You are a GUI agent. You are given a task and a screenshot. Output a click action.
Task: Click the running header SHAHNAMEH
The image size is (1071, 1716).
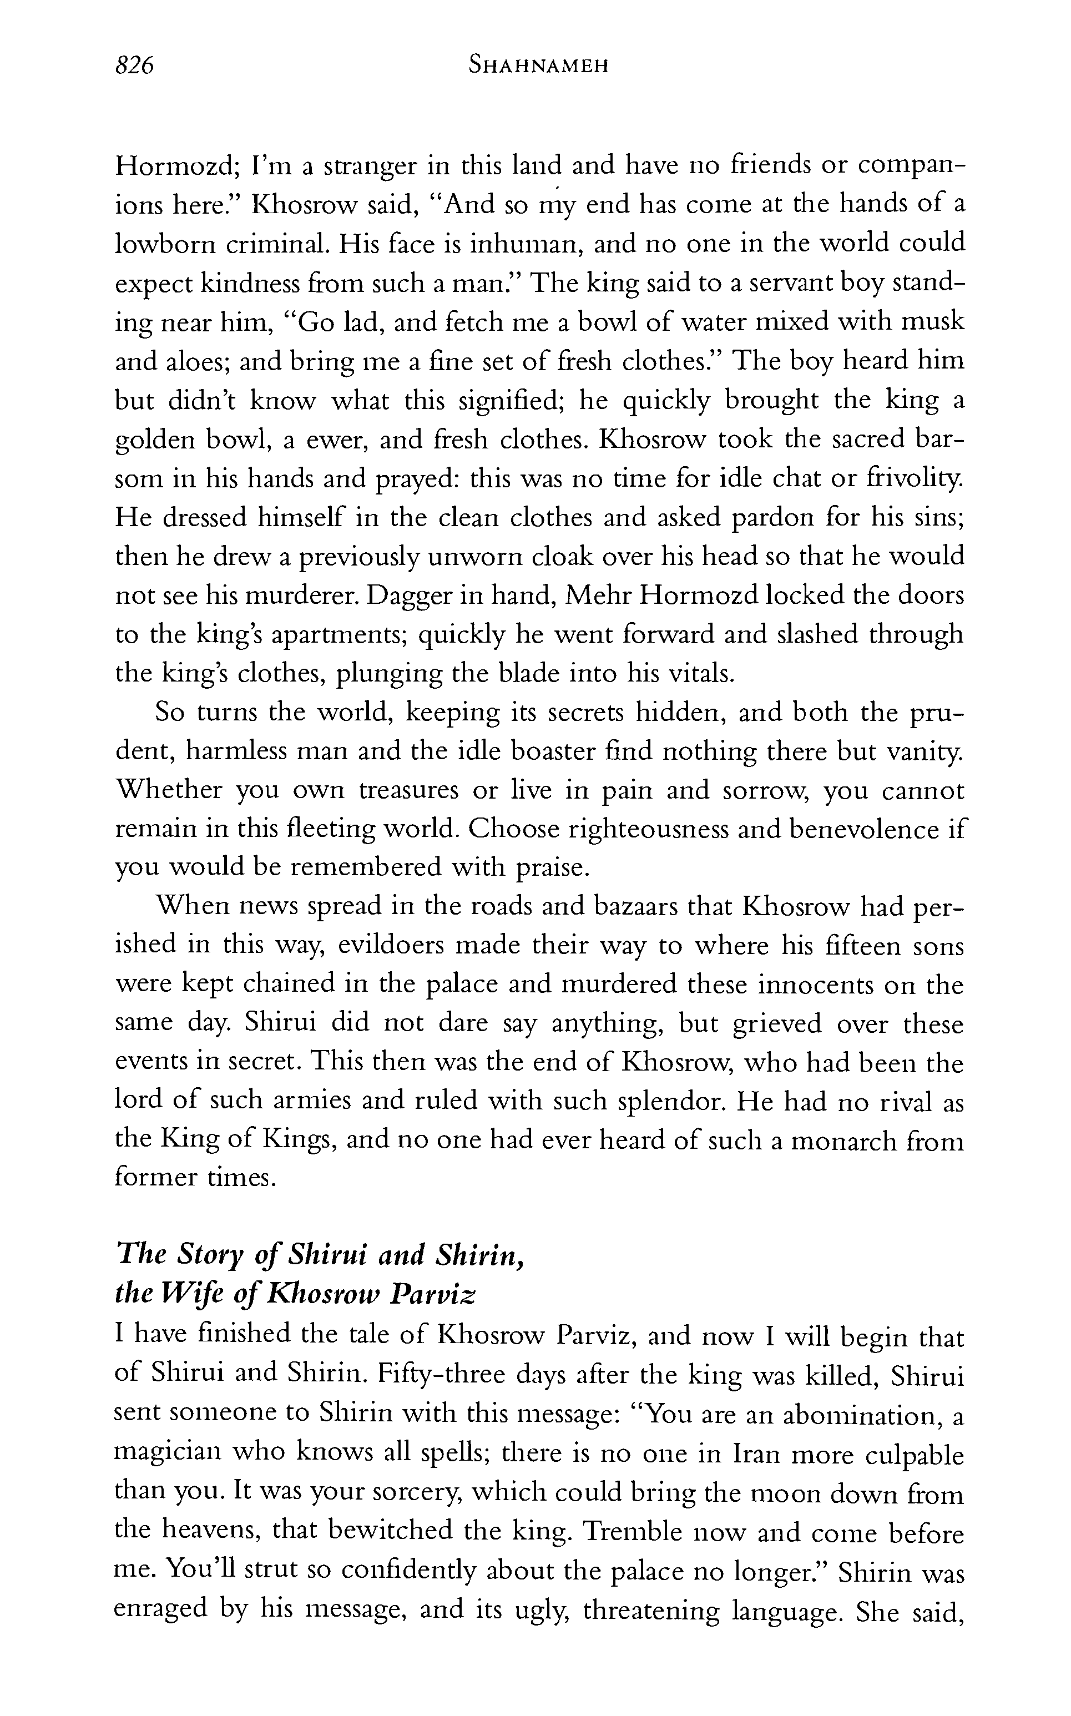click(539, 67)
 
